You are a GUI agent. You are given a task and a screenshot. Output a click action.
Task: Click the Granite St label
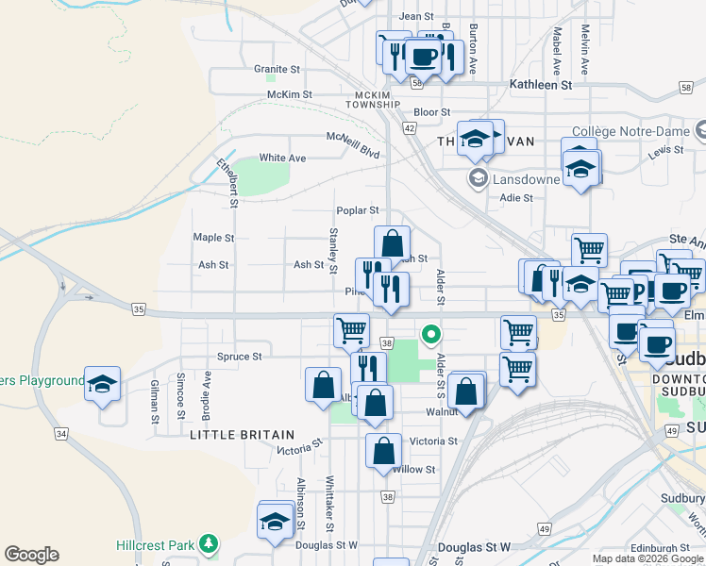click(277, 69)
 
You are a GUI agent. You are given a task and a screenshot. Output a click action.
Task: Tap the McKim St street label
click(290, 94)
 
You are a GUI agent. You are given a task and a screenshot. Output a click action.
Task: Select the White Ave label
click(282, 158)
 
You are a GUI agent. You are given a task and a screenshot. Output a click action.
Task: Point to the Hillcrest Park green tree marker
click(209, 544)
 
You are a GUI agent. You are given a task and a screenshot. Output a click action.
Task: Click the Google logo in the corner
click(31, 555)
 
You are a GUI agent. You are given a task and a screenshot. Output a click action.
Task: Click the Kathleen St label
click(541, 84)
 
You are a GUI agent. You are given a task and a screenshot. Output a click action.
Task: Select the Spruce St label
click(240, 357)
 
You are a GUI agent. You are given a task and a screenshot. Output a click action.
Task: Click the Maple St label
click(213, 238)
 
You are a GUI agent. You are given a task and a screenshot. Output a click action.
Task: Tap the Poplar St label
click(358, 210)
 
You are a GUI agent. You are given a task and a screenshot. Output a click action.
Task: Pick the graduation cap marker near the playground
click(102, 383)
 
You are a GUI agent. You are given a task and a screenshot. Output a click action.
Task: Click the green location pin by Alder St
click(430, 333)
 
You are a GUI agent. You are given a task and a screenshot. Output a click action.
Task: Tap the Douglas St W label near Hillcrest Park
click(327, 544)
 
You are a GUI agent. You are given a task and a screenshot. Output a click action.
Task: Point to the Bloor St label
click(432, 111)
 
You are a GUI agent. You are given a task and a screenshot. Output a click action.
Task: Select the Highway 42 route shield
click(410, 126)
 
